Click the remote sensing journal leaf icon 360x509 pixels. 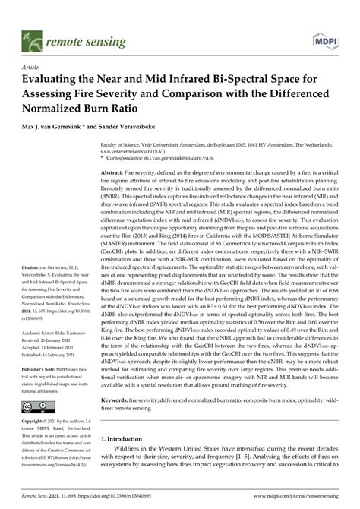pos(32,37)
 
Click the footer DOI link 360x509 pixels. pos(118,495)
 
